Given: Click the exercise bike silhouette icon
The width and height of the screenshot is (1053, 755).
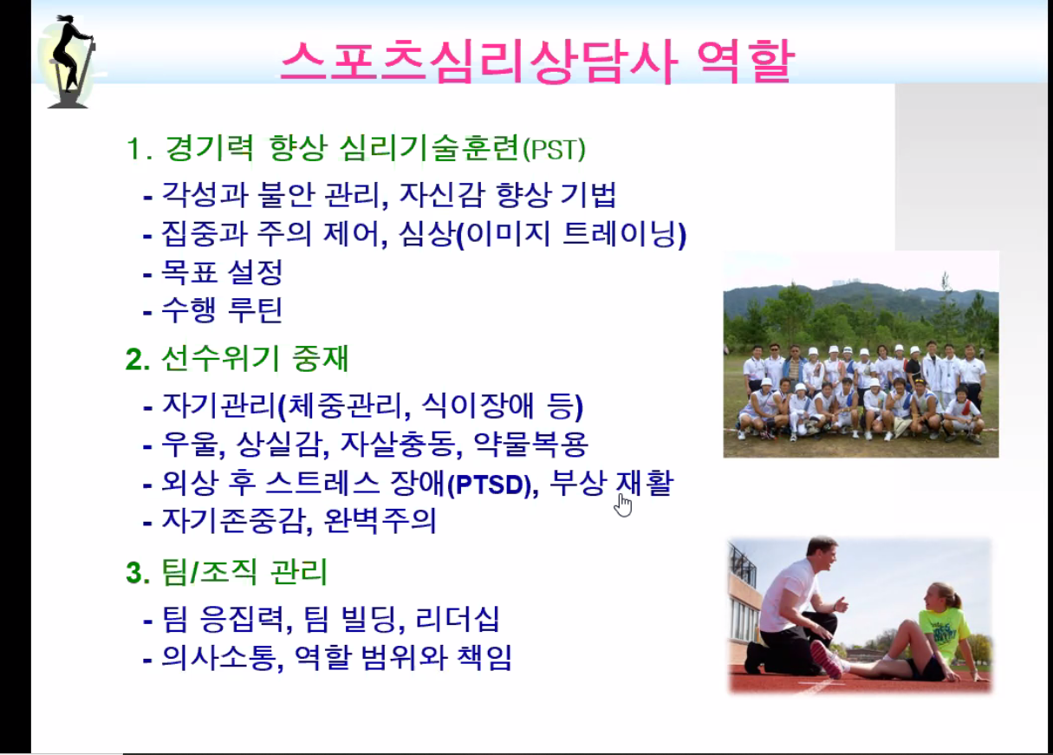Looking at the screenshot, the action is point(70,62).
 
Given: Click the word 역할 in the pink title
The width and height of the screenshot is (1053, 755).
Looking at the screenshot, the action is point(746,62).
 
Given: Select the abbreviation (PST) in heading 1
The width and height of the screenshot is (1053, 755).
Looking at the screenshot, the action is point(555,149).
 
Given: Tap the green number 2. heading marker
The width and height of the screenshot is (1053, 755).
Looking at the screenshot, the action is point(138,360).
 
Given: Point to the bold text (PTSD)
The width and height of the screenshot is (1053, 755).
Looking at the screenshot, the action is point(492,485).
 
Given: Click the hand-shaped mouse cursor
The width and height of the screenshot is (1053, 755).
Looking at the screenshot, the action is point(623,504).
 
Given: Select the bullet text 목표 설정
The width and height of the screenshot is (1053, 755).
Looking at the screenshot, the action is point(222,272).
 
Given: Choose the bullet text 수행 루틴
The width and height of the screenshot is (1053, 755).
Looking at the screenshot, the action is point(222,309).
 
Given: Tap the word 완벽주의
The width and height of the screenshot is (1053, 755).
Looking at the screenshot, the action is point(380,521).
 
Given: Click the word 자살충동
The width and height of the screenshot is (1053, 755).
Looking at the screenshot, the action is point(399,445).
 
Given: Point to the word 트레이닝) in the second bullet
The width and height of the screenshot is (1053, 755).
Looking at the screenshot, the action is point(625,235).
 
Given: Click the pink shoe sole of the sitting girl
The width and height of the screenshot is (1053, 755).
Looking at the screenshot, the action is point(825,659).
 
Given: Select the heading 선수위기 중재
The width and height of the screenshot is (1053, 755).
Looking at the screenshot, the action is point(254,359).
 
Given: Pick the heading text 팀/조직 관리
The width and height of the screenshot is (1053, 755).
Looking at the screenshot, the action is point(244,573).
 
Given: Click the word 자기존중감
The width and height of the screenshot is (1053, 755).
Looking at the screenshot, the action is point(235,521).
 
